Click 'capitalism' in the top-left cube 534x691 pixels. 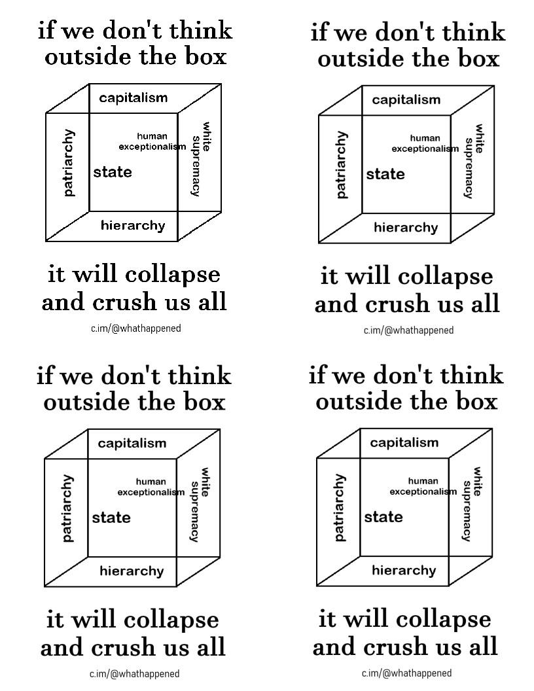coord(133,98)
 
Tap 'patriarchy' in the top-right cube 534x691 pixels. coord(342,165)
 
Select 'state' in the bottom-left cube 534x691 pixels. coord(111,518)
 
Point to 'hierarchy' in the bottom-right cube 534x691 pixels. coord(404,570)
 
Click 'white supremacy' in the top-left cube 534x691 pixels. coord(200,159)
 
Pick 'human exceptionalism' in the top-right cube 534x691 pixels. coord(425,144)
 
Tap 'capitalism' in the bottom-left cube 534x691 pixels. coord(132,444)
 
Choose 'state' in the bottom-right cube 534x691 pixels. coord(383,517)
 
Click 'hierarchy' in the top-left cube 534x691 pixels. coord(133,226)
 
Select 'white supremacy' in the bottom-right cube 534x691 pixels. coord(471,504)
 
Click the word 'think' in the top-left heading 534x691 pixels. coord(201,30)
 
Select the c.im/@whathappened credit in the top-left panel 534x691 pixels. coord(136,328)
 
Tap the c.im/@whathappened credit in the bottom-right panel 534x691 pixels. coord(406,673)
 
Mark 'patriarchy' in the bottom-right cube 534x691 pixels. coord(340,508)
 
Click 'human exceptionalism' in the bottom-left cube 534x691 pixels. coord(151,487)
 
